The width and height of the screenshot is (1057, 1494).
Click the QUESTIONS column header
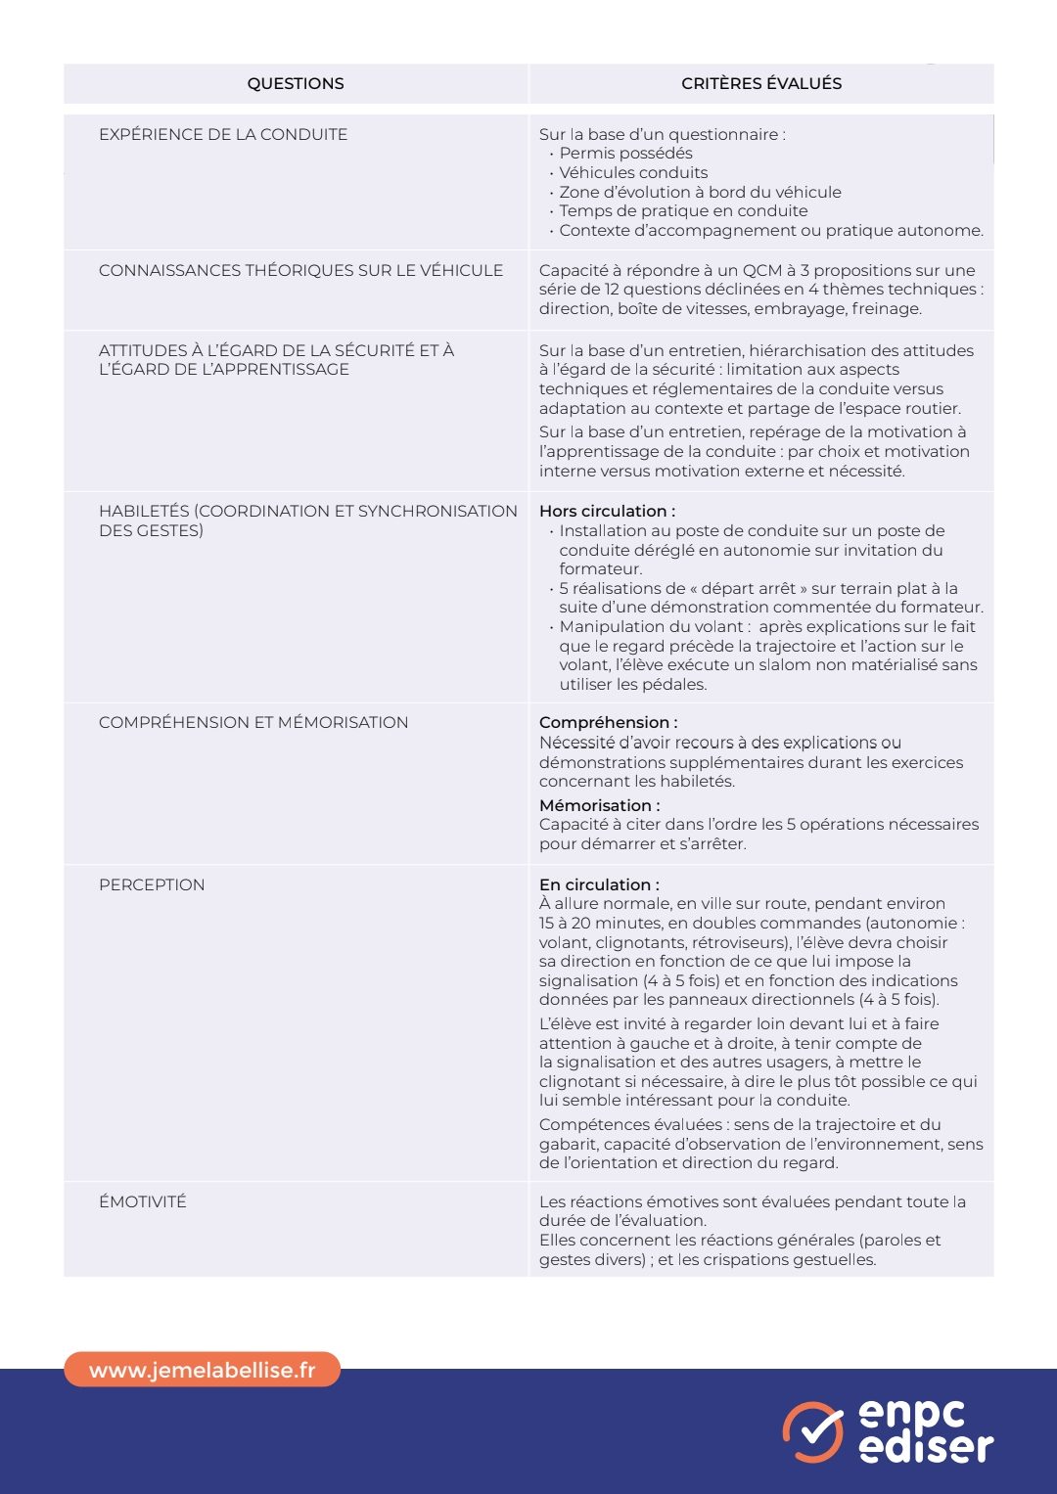296,84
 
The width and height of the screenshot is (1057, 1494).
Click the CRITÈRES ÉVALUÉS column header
761,84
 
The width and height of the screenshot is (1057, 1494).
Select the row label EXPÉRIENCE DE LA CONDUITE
223,135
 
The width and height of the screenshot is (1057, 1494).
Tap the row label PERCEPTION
152,885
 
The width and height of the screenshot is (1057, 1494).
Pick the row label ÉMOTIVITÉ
143,1202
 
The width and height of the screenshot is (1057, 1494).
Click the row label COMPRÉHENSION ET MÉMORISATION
253,723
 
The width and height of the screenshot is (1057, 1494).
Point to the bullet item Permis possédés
625,154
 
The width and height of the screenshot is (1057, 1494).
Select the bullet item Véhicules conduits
633,173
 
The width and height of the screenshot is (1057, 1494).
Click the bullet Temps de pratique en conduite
683,211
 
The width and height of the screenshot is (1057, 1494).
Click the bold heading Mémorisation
599,806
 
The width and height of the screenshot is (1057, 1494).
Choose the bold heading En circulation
599,885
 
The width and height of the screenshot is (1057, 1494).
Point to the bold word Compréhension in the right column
604,723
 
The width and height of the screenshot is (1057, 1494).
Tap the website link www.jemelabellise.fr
203,1371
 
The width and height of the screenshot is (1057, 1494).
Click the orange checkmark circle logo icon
812,1432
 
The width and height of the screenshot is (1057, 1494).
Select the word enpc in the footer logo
911,1414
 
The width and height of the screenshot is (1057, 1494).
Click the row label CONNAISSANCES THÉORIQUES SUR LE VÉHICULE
300,271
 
